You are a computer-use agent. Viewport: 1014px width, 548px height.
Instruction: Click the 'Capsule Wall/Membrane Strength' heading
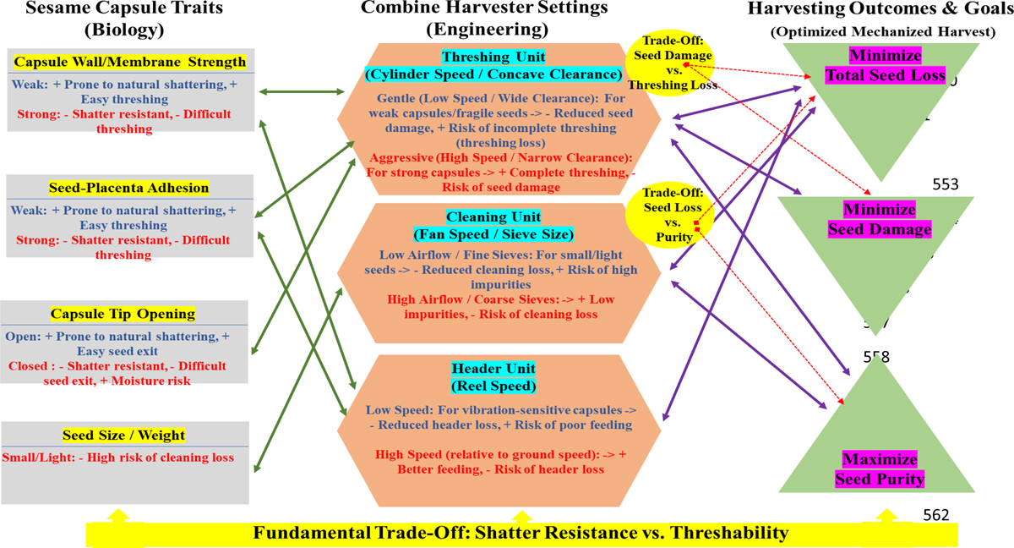pyautogui.click(x=130, y=62)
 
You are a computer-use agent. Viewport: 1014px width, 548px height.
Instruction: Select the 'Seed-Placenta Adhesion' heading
pyautogui.click(x=129, y=188)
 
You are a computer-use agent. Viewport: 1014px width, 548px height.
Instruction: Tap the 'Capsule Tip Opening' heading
pyautogui.click(x=124, y=314)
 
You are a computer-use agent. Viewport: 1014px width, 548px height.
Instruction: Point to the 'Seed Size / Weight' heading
pyautogui.click(x=123, y=436)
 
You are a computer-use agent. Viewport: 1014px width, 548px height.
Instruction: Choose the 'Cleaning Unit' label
pyautogui.click(x=494, y=217)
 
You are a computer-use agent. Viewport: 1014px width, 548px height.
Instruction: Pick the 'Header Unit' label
pyautogui.click(x=494, y=370)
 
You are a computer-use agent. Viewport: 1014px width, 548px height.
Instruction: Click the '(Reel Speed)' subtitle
pyautogui.click(x=494, y=386)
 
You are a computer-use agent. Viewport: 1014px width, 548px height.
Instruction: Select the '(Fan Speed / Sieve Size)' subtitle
pyautogui.click(x=494, y=234)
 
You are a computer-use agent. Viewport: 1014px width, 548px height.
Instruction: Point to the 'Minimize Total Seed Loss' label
pyautogui.click(x=886, y=66)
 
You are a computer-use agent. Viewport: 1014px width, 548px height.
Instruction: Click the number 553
pyautogui.click(x=946, y=184)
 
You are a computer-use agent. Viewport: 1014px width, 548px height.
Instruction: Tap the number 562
pyautogui.click(x=936, y=514)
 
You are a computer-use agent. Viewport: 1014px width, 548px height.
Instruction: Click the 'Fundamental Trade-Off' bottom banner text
pyautogui.click(x=521, y=533)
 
